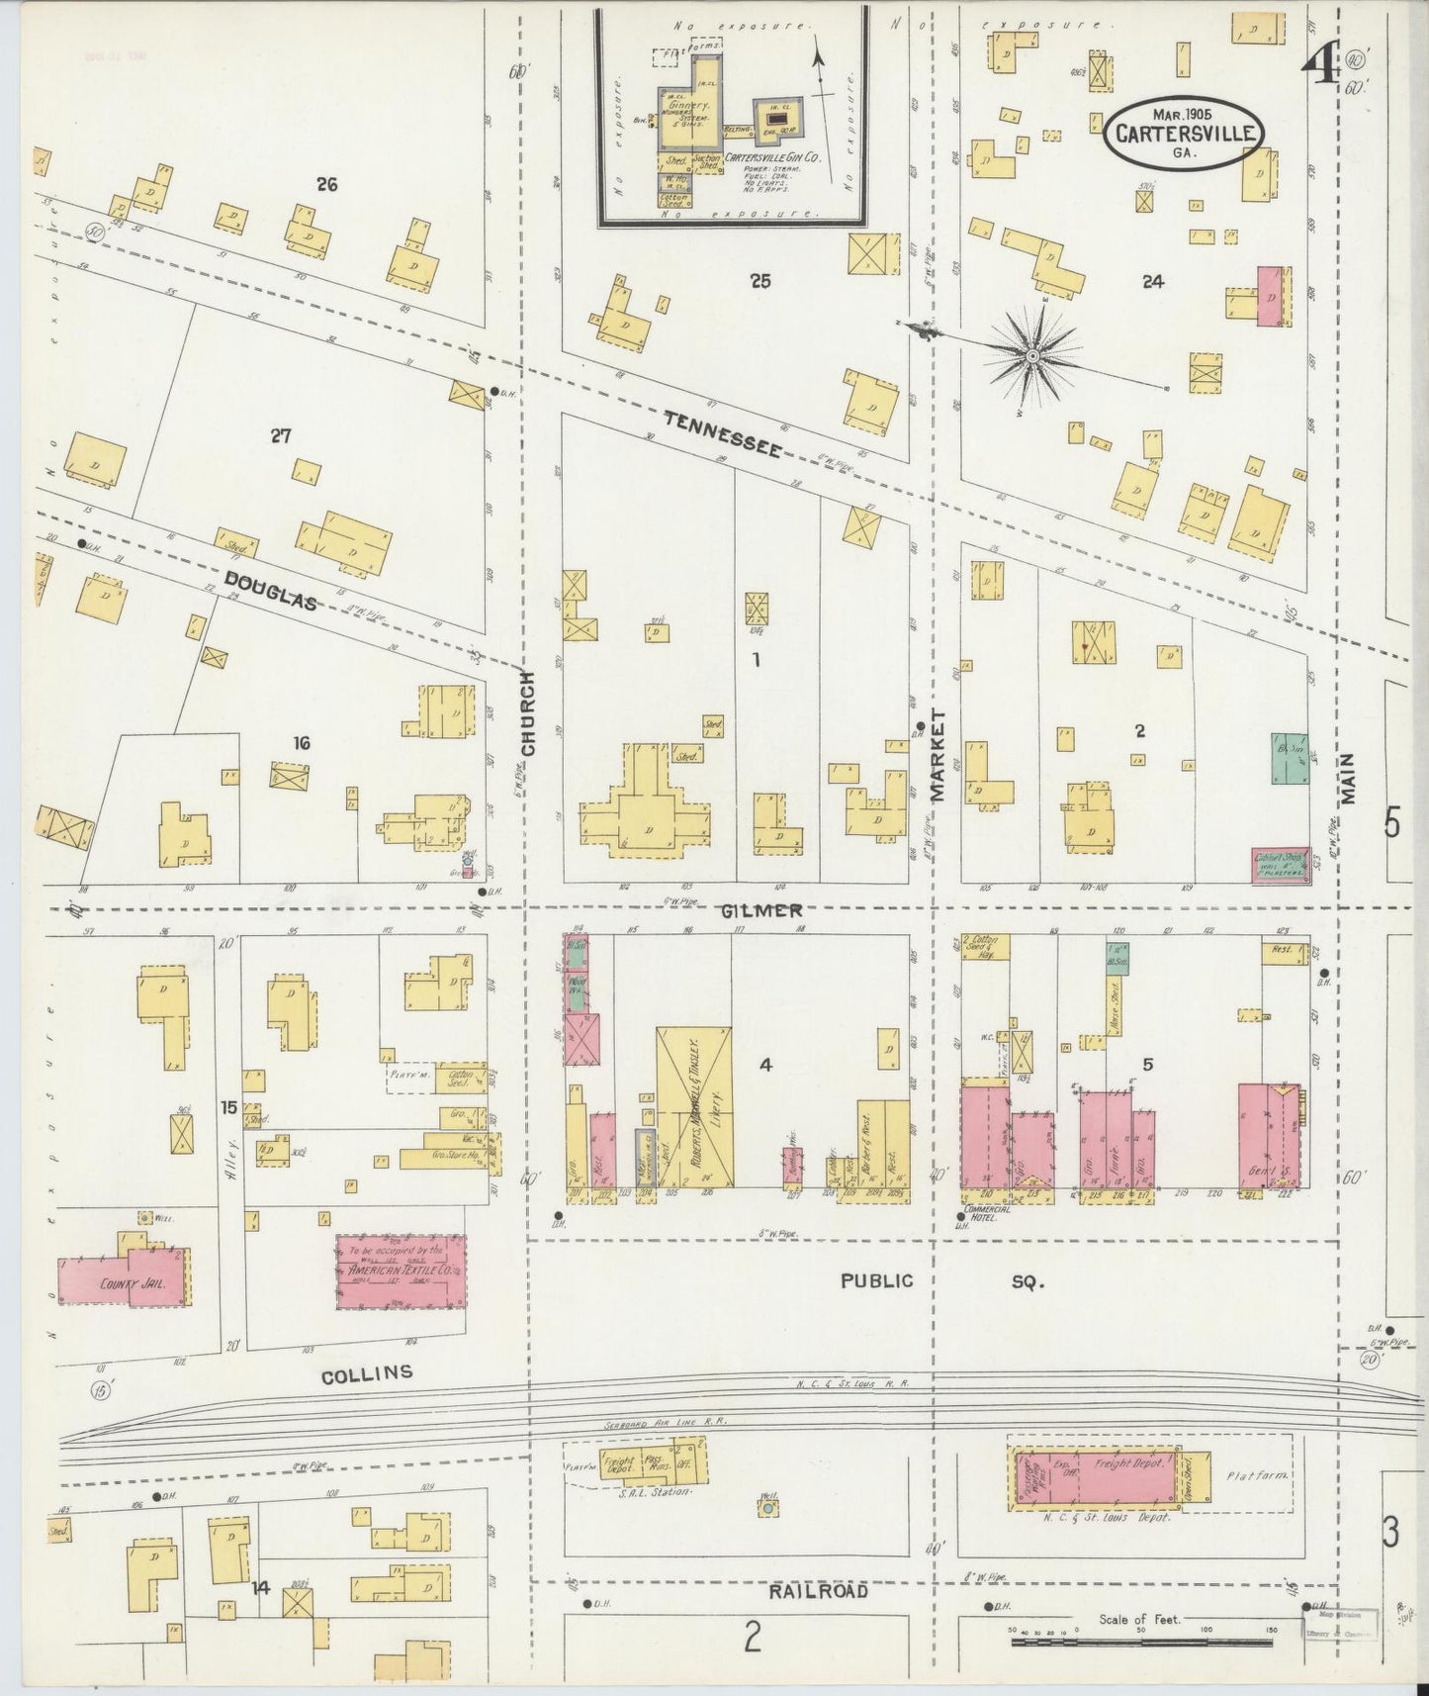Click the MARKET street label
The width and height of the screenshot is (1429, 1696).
[938, 754]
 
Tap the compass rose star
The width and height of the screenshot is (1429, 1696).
[1030, 353]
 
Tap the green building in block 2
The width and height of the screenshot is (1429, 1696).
[1289, 759]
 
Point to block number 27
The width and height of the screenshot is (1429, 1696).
[281, 435]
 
